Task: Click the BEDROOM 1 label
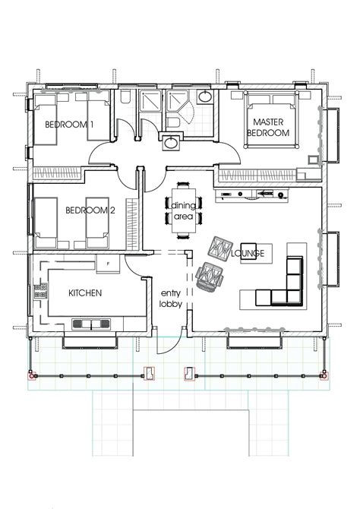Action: pos(69,125)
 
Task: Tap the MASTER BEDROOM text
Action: pos(268,128)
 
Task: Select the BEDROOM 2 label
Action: pos(90,210)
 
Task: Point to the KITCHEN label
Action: pos(85,293)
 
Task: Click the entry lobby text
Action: pos(170,299)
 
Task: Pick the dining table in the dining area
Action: pos(184,210)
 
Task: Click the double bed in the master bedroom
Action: pos(272,120)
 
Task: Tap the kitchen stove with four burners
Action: pos(40,291)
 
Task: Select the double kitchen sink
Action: pos(91,324)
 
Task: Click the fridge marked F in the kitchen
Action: pos(108,264)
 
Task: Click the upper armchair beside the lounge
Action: pos(220,249)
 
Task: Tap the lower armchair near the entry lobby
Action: pos(210,277)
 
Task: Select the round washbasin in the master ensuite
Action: pos(205,96)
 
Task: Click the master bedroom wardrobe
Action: pos(257,175)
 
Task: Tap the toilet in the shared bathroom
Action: pos(125,96)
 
